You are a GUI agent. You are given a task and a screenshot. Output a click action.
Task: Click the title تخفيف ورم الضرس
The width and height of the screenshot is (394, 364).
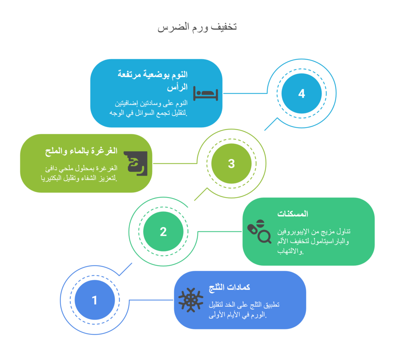tap(197, 27)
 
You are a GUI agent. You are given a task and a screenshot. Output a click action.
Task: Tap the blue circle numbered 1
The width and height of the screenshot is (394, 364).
tap(95, 300)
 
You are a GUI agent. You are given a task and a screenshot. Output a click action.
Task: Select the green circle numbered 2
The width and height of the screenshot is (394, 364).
tap(163, 231)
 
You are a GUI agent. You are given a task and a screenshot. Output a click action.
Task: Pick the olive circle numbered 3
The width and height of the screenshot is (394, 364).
tap(231, 163)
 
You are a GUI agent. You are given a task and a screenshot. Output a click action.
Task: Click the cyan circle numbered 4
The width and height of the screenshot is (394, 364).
tap(302, 93)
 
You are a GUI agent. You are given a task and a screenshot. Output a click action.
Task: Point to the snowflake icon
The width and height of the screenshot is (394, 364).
tap(191, 300)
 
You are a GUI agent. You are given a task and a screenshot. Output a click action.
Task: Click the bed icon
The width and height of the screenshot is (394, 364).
tap(205, 94)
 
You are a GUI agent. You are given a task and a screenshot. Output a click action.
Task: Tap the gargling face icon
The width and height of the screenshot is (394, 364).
tap(136, 163)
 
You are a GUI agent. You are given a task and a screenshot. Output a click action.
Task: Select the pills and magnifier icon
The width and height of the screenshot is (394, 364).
tap(259, 231)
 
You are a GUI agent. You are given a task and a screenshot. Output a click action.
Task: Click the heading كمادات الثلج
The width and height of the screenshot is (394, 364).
tap(229, 287)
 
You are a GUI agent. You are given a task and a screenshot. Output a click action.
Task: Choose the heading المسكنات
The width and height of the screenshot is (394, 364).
tap(293, 214)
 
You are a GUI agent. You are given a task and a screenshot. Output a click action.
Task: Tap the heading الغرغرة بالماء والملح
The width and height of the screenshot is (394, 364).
tap(81, 151)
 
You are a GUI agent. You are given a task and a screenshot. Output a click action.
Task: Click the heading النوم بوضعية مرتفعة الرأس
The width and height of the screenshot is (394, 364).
tap(152, 81)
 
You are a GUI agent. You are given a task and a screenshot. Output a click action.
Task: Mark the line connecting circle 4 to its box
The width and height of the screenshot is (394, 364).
tap(245, 93)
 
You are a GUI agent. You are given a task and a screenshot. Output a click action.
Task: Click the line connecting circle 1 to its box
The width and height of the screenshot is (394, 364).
tap(151, 300)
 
